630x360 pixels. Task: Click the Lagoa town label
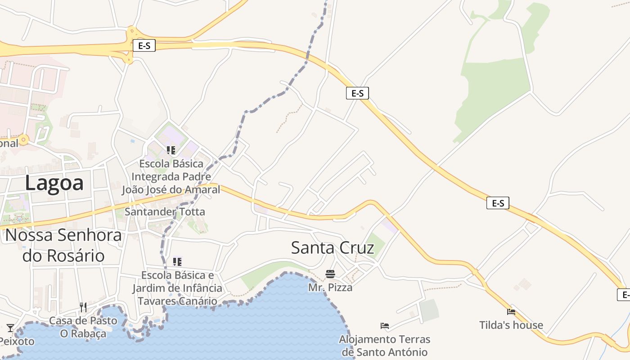(x=54, y=183)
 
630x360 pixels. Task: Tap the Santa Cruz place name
(x=332, y=248)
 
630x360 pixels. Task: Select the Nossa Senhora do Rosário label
(x=63, y=245)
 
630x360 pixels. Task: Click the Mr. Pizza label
(x=330, y=287)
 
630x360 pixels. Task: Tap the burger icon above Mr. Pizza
(x=330, y=274)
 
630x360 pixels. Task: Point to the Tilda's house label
(x=511, y=325)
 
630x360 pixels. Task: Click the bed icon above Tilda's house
(x=511, y=311)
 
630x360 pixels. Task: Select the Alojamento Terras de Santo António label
(x=385, y=346)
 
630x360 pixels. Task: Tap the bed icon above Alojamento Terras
(x=384, y=326)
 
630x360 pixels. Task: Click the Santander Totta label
(x=165, y=211)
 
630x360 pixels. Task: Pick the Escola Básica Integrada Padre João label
(x=171, y=176)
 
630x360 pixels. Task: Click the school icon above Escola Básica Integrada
(x=171, y=150)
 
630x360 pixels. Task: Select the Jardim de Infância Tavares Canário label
(x=177, y=288)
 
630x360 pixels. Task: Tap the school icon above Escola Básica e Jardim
(x=177, y=261)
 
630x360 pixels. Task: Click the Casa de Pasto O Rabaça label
(x=83, y=327)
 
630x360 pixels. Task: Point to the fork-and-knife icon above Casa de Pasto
(x=83, y=307)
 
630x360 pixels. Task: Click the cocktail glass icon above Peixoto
(x=10, y=328)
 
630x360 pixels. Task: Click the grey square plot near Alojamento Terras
(x=429, y=310)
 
